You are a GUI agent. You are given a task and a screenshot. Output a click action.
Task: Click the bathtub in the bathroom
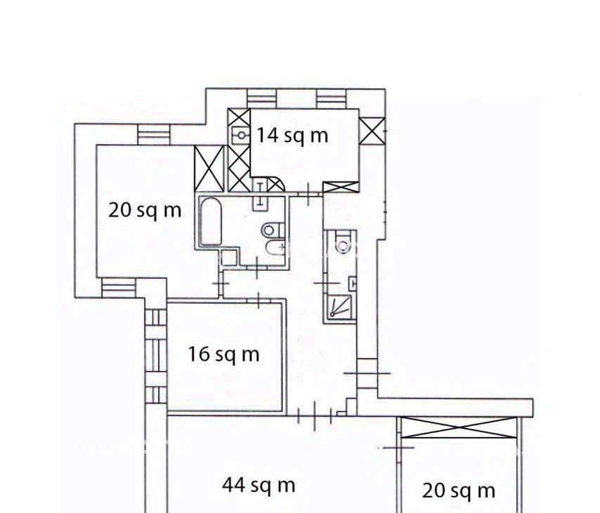coord(211,221)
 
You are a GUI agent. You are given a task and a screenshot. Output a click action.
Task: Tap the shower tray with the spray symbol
coord(339,306)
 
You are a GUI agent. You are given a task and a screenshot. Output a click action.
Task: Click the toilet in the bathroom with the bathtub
coord(273,230)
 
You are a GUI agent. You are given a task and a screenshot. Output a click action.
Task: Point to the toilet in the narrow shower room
coord(342,242)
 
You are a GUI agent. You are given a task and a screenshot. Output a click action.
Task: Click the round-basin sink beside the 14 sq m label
coord(240,135)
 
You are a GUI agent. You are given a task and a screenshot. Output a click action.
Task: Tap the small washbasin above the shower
coord(353,284)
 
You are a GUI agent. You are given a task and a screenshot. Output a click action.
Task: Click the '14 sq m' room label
coord(292,136)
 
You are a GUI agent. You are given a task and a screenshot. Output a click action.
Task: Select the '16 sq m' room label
coord(224,354)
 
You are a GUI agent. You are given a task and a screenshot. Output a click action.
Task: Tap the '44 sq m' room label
coord(259,486)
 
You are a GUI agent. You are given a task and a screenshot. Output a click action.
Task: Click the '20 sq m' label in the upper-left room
coord(145,210)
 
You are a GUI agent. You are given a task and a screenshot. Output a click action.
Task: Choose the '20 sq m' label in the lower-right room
coord(458,491)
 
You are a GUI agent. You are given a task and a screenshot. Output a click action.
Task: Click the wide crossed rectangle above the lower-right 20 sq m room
coord(459,427)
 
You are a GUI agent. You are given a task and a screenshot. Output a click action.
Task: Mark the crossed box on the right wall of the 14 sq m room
coord(372,131)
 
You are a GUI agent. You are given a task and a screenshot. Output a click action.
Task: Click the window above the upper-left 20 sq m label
coord(153,134)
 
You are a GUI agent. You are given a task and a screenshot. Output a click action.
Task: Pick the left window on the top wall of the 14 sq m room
coord(261,98)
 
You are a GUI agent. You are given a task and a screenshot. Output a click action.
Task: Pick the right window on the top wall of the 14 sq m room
coord(332,98)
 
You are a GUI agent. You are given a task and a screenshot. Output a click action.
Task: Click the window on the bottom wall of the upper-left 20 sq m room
coord(119,288)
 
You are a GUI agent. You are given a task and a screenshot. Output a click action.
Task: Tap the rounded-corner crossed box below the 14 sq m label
coord(275,185)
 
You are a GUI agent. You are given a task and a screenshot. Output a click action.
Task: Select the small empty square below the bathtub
coord(229,257)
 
